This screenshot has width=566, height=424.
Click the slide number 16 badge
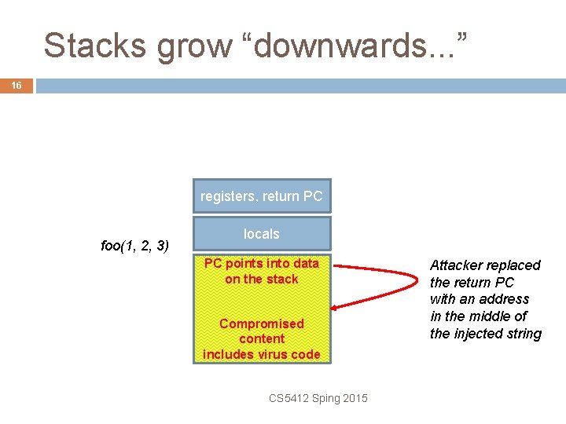pyautogui.click(x=16, y=85)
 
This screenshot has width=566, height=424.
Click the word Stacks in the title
pyautogui.click(x=96, y=46)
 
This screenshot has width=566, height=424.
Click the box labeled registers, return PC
pyautogui.click(x=262, y=196)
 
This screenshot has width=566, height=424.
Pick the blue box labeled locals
pyautogui.click(x=262, y=234)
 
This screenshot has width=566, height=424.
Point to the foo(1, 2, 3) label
pyautogui.click(x=135, y=246)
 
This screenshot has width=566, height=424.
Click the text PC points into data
pyautogui.click(x=262, y=263)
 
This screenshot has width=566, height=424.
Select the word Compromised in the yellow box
pyautogui.click(x=262, y=323)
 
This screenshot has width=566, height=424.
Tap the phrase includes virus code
pyautogui.click(x=262, y=354)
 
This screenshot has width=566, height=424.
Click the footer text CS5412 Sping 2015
pyautogui.click(x=318, y=398)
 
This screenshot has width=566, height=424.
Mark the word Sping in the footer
pyautogui.click(x=325, y=398)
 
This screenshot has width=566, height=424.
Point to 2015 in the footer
pyautogui.click(x=355, y=398)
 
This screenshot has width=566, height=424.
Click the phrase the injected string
pyautogui.click(x=486, y=334)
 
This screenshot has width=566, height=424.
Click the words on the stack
pyautogui.click(x=262, y=279)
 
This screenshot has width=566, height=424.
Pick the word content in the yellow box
pyautogui.click(x=262, y=338)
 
